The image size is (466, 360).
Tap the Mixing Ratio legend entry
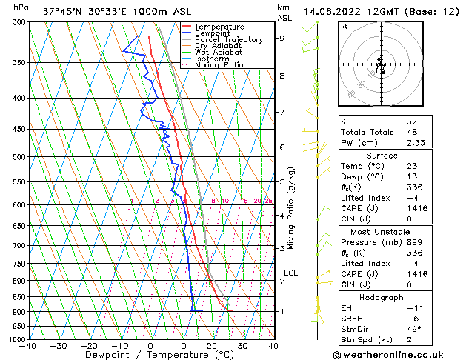219,65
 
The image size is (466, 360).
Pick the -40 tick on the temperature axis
29,346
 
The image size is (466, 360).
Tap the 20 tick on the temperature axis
212,346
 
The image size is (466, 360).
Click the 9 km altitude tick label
282,39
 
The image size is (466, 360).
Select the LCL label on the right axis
290,273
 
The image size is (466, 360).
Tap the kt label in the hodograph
344,27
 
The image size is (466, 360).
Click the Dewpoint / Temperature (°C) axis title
151,356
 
